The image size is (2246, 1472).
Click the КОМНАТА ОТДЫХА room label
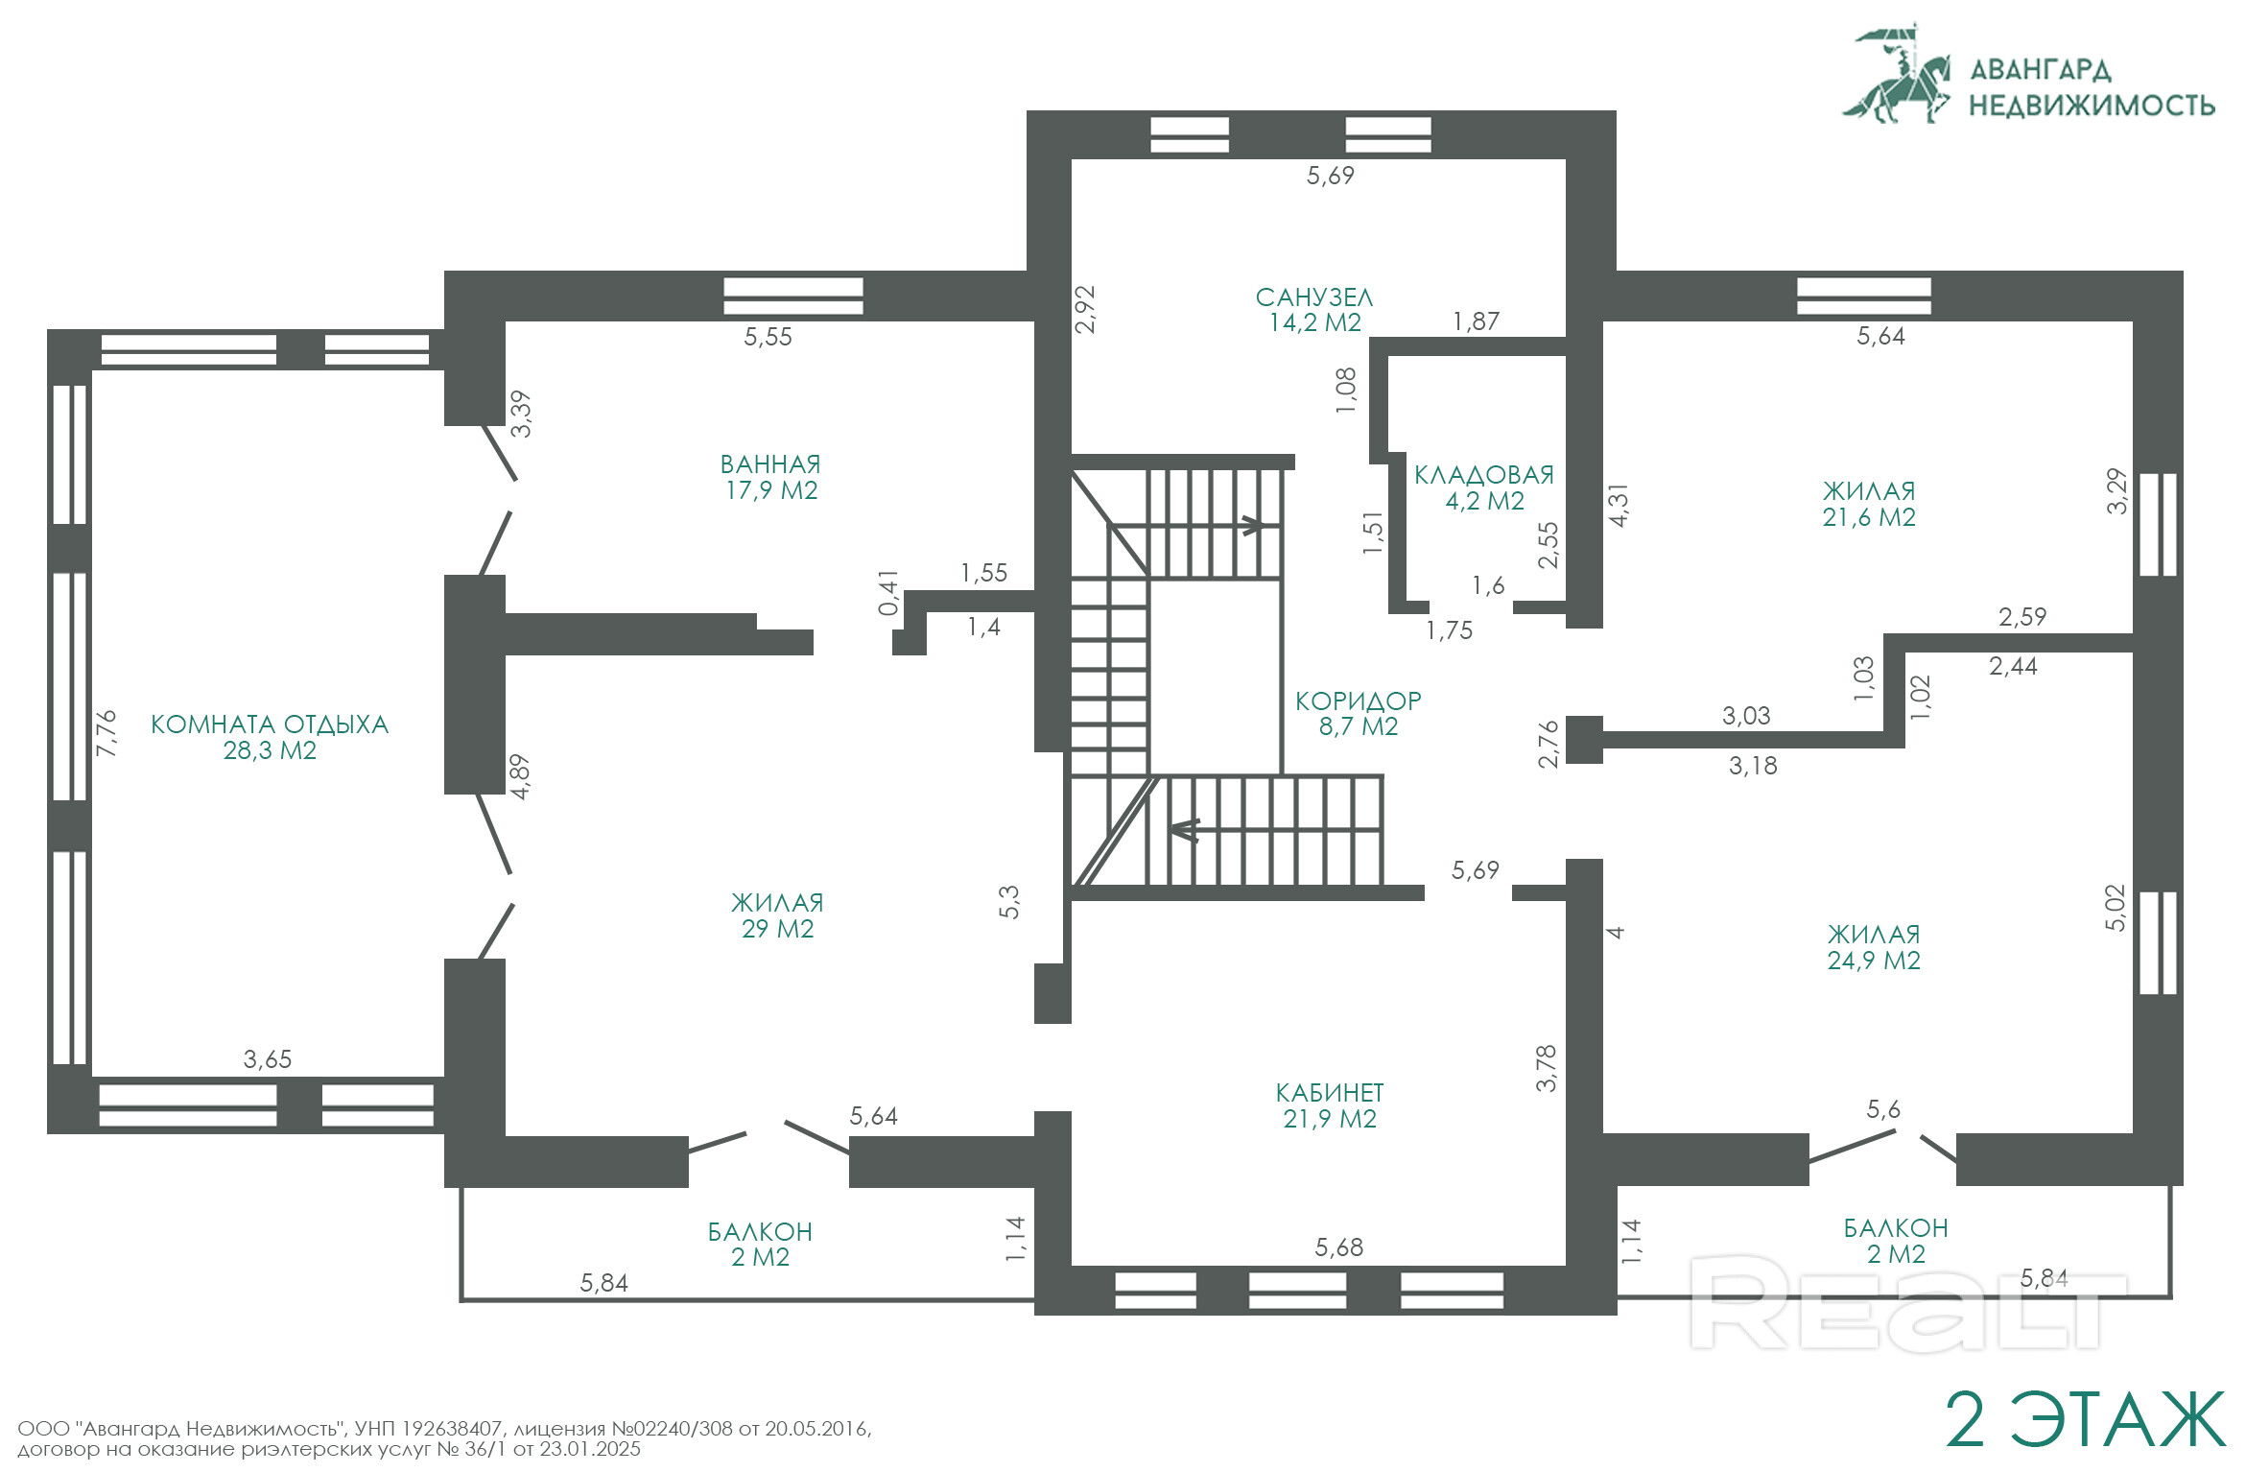[x=270, y=737]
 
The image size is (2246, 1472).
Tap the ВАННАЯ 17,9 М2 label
[x=770, y=477]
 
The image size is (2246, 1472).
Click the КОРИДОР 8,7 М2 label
[x=1359, y=713]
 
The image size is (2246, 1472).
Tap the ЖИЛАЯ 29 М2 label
[x=777, y=915]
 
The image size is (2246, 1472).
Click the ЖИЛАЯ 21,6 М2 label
[x=1869, y=504]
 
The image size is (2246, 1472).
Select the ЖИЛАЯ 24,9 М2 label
[x=1874, y=947]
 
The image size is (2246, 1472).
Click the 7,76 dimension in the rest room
[x=106, y=733]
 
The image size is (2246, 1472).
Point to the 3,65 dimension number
[x=268, y=1059]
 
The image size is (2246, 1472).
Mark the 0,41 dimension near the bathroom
[x=889, y=593]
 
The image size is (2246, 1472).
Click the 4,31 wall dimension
[x=1619, y=506]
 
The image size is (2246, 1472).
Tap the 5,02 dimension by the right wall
[x=2116, y=908]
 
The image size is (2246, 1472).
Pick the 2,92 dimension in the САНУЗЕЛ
[x=1085, y=309]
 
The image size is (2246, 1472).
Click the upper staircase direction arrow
[x=1253, y=525]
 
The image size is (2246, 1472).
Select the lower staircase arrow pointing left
[x=1185, y=829]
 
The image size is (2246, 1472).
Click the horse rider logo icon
[x=1897, y=74]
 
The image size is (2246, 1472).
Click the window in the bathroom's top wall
[x=793, y=296]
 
